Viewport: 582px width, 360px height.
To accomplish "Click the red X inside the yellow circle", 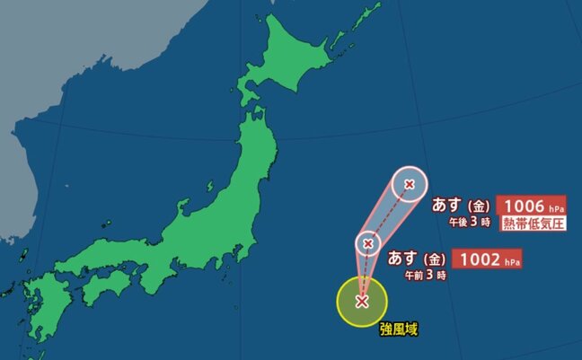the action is pyautogui.click(x=362, y=301).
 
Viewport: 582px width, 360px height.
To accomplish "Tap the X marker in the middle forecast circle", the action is pyautogui.click(x=367, y=242).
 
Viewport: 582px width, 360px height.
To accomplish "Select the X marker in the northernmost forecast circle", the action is pyautogui.click(x=410, y=185).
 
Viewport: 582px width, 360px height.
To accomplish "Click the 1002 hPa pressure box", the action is pyautogui.click(x=489, y=259).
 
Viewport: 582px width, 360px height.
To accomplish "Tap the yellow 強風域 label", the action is pyautogui.click(x=398, y=329).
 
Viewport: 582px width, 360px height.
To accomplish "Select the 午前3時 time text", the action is pyautogui.click(x=427, y=277).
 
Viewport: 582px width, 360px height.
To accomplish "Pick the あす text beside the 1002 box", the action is pyautogui.click(x=404, y=259).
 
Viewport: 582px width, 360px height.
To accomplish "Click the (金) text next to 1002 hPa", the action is pyautogui.click(x=436, y=259).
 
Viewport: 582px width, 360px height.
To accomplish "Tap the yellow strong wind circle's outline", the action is pyautogui.click(x=338, y=302).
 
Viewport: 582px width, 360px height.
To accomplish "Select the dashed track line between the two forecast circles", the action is pyautogui.click(x=388, y=214).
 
